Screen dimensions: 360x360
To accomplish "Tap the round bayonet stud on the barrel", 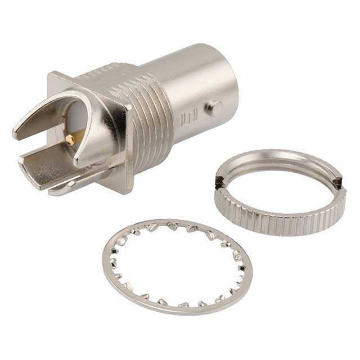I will (x=213, y=108).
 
